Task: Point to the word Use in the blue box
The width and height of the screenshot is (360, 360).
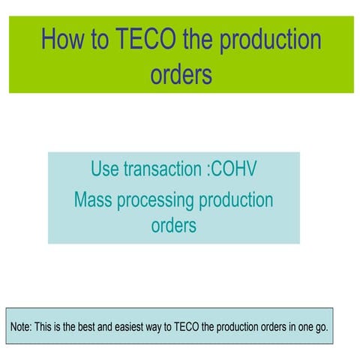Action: click(104, 169)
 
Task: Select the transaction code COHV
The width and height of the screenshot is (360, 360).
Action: click(232, 169)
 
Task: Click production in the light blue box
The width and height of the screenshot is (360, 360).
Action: click(238, 200)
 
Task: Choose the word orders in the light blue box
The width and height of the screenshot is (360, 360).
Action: click(174, 224)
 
